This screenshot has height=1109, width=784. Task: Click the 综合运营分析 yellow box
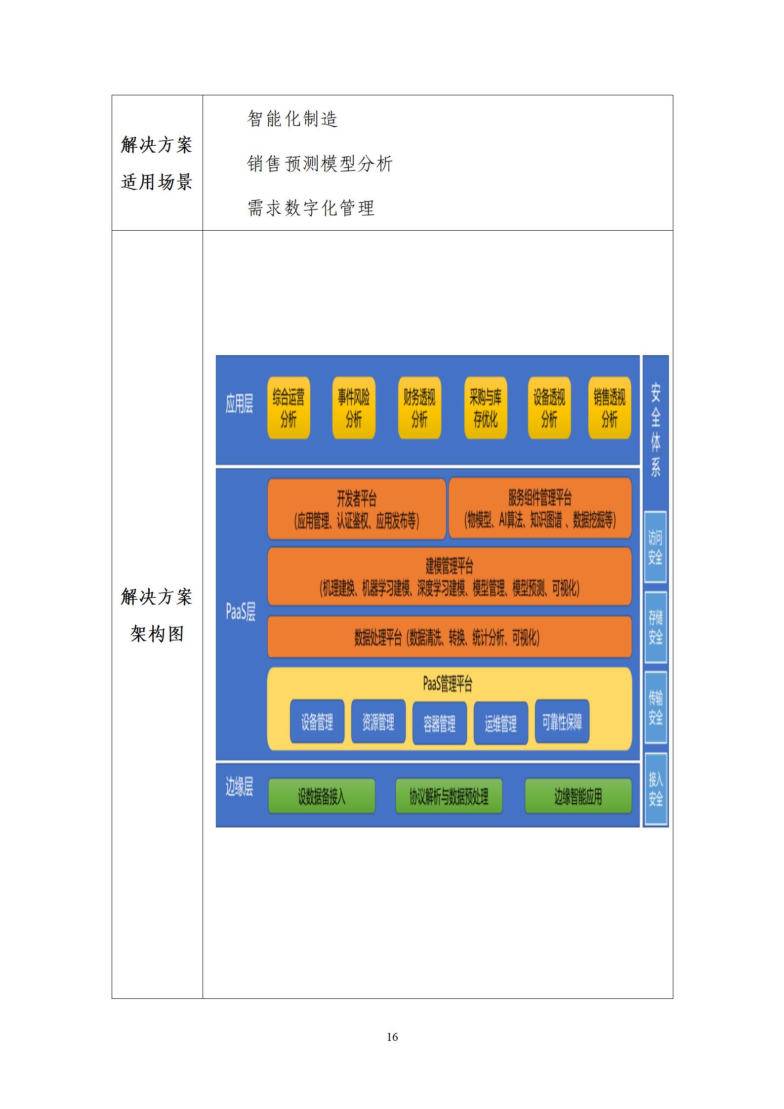289,408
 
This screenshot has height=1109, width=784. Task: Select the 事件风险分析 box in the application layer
354,408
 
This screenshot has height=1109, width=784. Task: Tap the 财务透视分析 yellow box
419,408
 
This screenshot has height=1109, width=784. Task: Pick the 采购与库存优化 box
486,408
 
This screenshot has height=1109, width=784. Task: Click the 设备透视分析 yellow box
549,408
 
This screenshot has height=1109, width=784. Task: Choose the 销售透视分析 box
610,408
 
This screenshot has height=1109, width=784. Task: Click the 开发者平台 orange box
357,509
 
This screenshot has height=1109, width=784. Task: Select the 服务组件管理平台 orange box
540,509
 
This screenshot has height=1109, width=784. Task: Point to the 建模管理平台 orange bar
450,576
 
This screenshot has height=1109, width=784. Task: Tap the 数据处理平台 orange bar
450,637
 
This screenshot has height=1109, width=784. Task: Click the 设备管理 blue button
317,722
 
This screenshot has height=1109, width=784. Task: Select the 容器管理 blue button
440,723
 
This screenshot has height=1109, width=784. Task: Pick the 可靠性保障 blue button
562,722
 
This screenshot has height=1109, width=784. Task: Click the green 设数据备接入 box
322,796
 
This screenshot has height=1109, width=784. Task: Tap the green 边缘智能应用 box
578,796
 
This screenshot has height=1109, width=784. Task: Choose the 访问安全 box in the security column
656,547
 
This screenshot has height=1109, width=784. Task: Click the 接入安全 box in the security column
656,789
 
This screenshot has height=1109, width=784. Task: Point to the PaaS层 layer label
241,613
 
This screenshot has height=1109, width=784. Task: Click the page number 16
392,1037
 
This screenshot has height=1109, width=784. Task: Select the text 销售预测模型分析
320,164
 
